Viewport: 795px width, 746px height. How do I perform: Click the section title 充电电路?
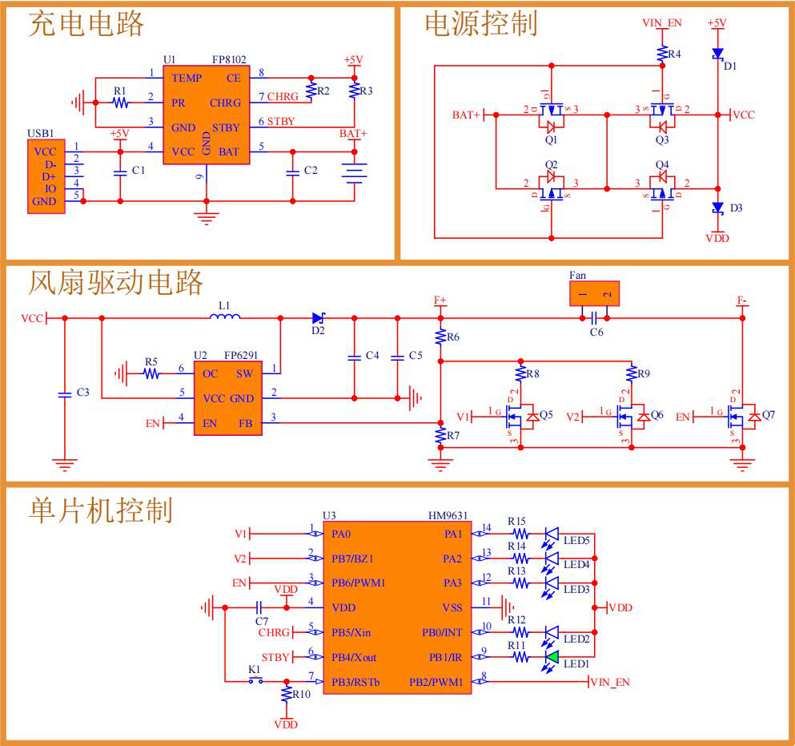pyautogui.click(x=86, y=25)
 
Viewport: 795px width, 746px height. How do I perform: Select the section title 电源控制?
pyautogui.click(x=480, y=24)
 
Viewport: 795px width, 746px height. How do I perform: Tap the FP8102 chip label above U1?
pyautogui.click(x=229, y=60)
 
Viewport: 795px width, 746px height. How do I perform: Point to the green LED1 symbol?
pyautogui.click(x=552, y=657)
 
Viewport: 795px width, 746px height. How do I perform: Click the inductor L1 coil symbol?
pyautogui.click(x=225, y=318)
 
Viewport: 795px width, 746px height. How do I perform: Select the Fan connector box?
pyautogui.click(x=594, y=294)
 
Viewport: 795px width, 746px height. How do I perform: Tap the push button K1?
pyautogui.click(x=256, y=681)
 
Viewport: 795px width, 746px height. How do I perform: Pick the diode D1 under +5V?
pyautogui.click(x=717, y=54)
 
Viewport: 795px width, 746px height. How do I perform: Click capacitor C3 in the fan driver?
pyautogui.click(x=65, y=393)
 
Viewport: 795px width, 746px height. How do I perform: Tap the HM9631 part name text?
pyautogui.click(x=448, y=516)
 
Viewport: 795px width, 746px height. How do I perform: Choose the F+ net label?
pyautogui.click(x=440, y=300)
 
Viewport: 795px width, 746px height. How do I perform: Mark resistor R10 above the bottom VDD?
pyautogui.click(x=286, y=694)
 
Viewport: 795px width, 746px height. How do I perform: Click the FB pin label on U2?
pyautogui.click(x=246, y=423)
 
